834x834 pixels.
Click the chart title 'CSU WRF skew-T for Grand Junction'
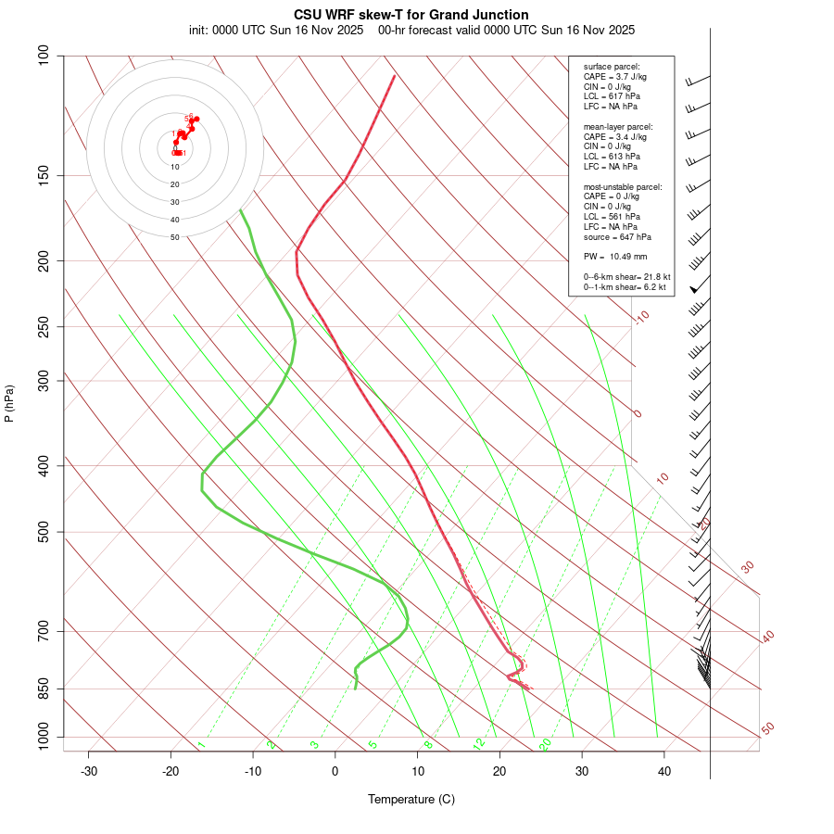point(411,15)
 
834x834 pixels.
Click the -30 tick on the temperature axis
point(89,771)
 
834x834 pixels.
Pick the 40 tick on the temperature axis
point(664,771)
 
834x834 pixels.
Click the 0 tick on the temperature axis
point(335,771)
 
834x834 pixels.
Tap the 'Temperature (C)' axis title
point(411,799)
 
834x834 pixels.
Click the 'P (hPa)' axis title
point(9,404)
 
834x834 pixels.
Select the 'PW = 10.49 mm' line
point(614,256)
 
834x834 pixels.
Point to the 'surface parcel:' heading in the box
point(612,67)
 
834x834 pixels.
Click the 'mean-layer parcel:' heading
point(618,126)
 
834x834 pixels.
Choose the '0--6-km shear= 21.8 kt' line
point(627,276)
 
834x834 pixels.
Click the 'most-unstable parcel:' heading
point(623,186)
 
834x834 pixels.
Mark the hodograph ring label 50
point(175,237)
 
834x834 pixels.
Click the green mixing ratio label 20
point(546,744)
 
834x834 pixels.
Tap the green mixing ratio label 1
point(201,744)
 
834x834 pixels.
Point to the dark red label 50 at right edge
point(767,729)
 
